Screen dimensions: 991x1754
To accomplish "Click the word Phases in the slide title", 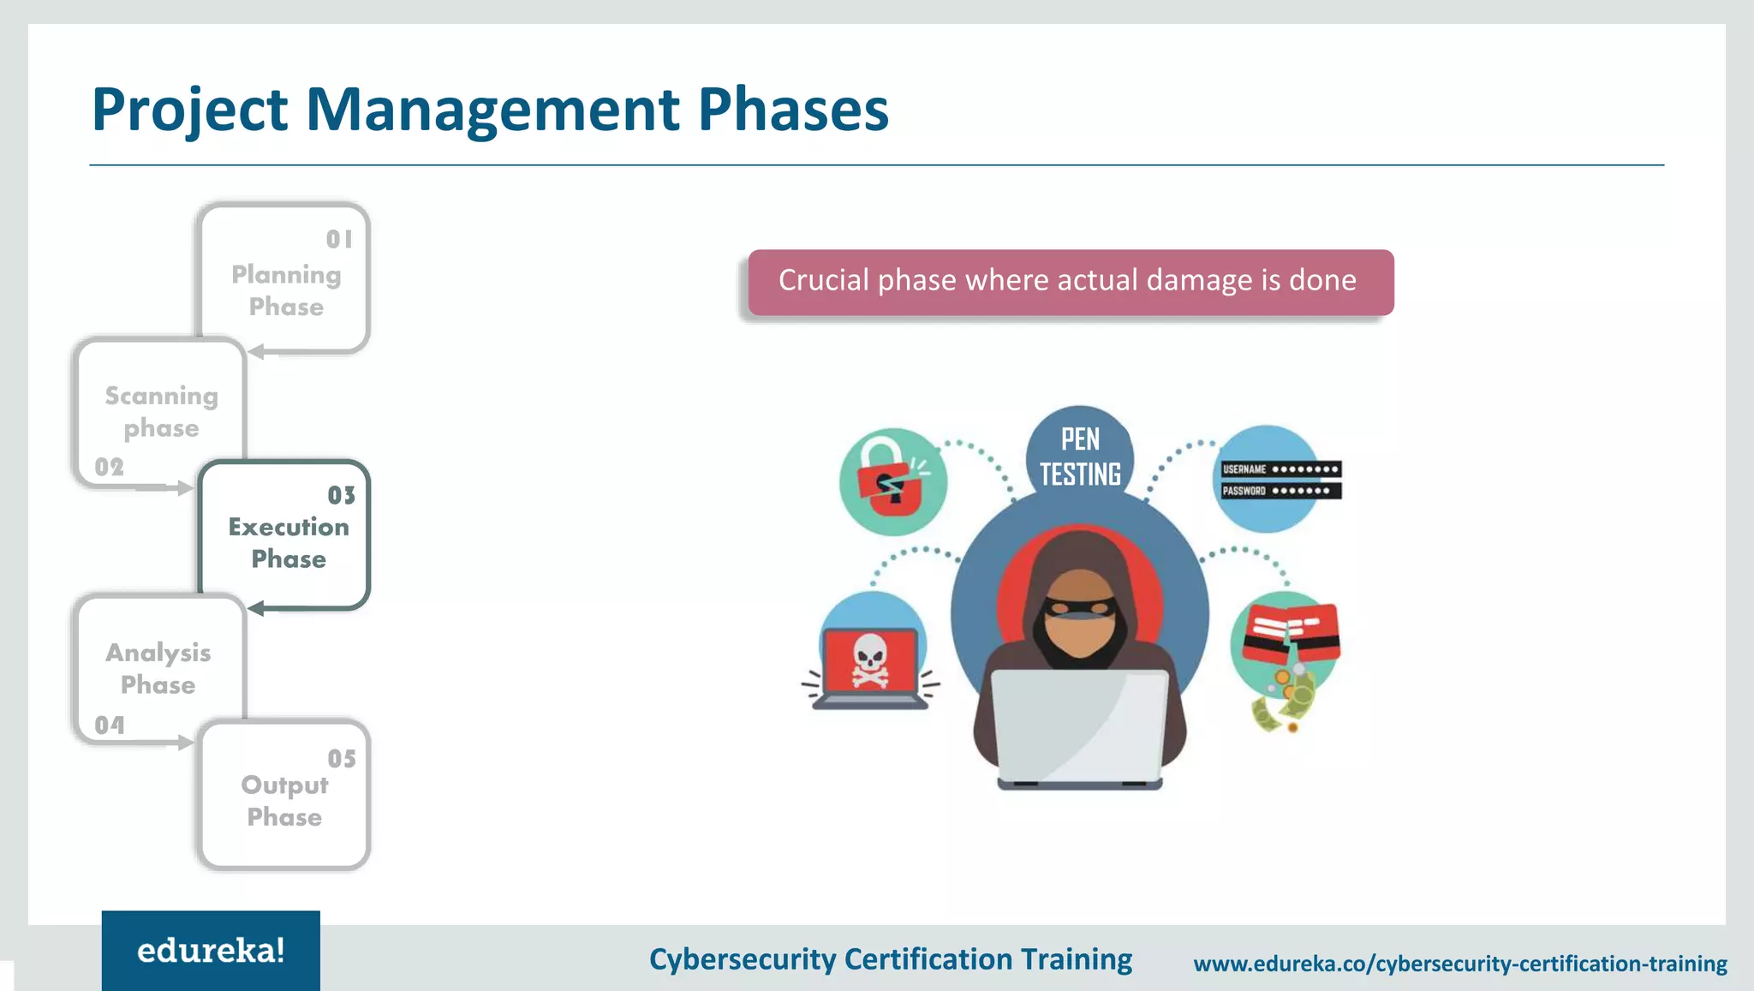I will (x=792, y=110).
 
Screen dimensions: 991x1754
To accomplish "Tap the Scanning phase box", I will (x=161, y=412).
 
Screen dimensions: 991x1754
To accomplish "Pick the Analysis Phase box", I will (x=158, y=669).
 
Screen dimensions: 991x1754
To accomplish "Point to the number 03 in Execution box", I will (x=341, y=495).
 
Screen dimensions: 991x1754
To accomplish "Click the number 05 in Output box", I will (x=341, y=759).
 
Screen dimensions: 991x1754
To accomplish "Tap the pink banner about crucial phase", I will (x=1070, y=282).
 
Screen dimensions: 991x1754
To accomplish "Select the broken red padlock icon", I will (x=892, y=481).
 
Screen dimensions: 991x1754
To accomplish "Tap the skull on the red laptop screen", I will (x=870, y=660).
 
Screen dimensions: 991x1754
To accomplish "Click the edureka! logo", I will (x=211, y=951).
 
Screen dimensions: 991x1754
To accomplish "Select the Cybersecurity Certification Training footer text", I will (x=890, y=959).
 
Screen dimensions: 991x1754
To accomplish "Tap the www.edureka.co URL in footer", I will (x=1459, y=964).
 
